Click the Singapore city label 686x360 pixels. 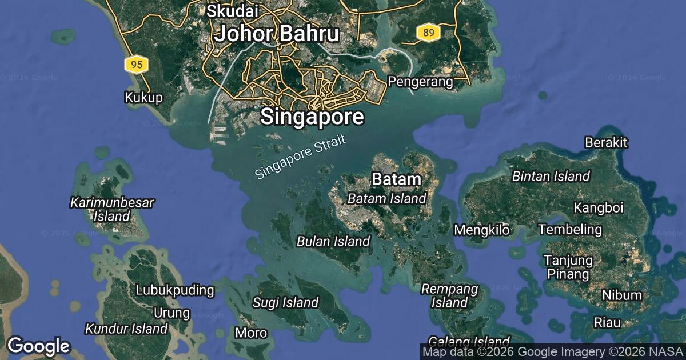click(312, 117)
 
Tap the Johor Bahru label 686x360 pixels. click(277, 34)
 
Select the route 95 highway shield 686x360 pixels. click(136, 65)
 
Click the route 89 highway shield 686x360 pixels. click(427, 33)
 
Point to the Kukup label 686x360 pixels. click(143, 98)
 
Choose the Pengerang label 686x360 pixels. click(420, 82)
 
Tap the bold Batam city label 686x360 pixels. click(396, 179)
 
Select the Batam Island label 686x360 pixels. click(387, 198)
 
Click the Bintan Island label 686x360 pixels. click(551, 176)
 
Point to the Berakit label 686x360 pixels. click(606, 142)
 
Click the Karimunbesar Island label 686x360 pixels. click(112, 209)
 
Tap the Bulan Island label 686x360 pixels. click(333, 241)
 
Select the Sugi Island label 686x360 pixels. click(285, 302)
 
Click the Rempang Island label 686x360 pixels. click(449, 295)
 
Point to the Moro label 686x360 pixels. click(251, 333)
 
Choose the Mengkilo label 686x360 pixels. click(481, 230)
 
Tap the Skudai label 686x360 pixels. click(233, 10)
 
